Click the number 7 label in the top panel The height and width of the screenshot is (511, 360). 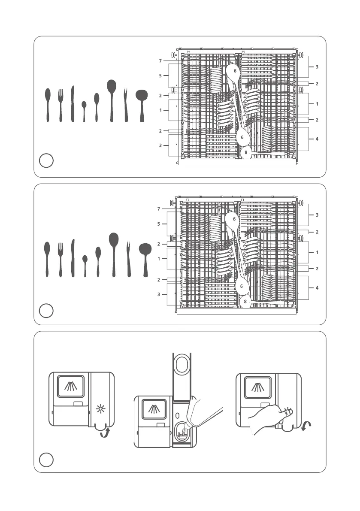pos(160,61)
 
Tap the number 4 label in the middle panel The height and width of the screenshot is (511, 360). pos(317,287)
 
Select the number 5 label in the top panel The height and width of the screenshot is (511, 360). pos(160,76)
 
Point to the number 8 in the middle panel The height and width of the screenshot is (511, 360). pos(245,302)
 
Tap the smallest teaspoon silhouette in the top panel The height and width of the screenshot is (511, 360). pos(84,111)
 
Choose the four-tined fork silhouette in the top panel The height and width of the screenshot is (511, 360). pos(61,105)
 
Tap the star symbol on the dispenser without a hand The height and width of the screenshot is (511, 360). pos(101,409)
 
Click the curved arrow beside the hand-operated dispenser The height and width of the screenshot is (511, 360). pos(306,427)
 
